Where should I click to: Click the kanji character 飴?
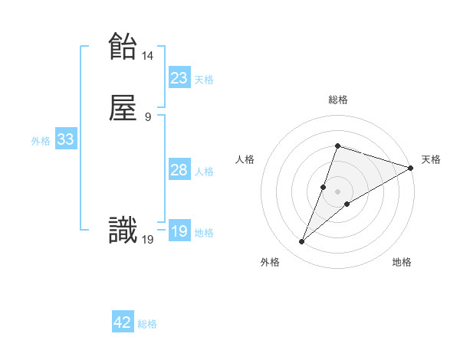point(123,46)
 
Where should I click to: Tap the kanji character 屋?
point(123,109)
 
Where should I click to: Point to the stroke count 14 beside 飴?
point(148,56)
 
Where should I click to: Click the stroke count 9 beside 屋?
point(148,117)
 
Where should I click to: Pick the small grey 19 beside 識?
point(148,240)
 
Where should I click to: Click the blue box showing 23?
point(179,77)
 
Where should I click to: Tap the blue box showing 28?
point(179,169)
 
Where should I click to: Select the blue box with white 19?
point(179,231)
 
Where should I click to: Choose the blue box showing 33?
point(65,139)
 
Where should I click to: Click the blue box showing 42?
point(123,322)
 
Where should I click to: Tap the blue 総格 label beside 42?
point(147,324)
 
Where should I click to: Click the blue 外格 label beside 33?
point(41,141)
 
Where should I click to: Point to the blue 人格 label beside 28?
point(204,172)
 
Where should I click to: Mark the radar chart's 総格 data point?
point(337,146)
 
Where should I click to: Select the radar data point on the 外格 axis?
point(302,242)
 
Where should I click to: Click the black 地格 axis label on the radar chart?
point(402,262)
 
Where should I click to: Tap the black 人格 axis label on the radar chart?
point(245,159)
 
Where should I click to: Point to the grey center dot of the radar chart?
point(337,191)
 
